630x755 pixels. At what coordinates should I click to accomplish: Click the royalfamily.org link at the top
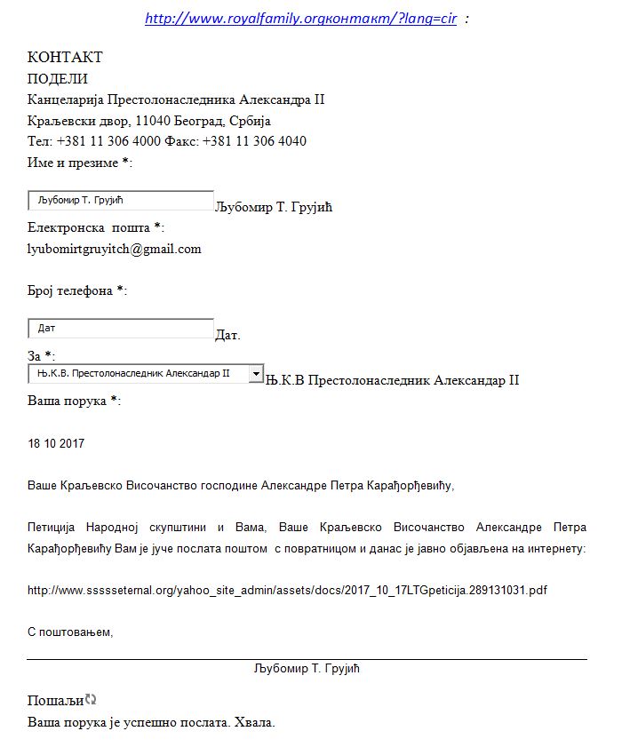(x=300, y=19)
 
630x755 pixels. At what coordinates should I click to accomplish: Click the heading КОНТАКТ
(x=65, y=57)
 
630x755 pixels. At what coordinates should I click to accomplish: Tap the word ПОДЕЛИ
(x=58, y=78)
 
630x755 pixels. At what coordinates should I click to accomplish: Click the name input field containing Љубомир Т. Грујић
(x=121, y=200)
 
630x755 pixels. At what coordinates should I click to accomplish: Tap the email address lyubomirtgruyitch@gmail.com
(x=115, y=249)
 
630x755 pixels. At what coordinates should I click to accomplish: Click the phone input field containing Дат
(x=121, y=328)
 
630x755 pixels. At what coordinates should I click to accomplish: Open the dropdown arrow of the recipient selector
(x=256, y=374)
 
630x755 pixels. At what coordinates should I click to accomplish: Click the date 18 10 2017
(x=56, y=443)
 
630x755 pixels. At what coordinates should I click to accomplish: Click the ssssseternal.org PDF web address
(x=286, y=590)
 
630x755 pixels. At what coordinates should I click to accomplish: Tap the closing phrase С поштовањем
(x=70, y=632)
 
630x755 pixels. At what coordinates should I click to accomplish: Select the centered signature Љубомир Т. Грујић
(x=307, y=668)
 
